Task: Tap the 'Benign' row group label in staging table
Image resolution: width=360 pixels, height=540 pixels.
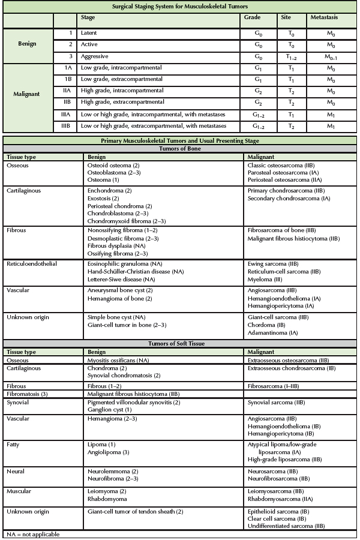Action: [x=27, y=44]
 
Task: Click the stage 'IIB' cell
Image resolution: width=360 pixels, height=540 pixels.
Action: [x=68, y=103]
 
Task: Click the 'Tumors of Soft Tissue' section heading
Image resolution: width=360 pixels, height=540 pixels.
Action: [x=179, y=344]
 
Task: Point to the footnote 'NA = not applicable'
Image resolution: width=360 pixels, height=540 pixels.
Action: [x=33, y=533]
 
